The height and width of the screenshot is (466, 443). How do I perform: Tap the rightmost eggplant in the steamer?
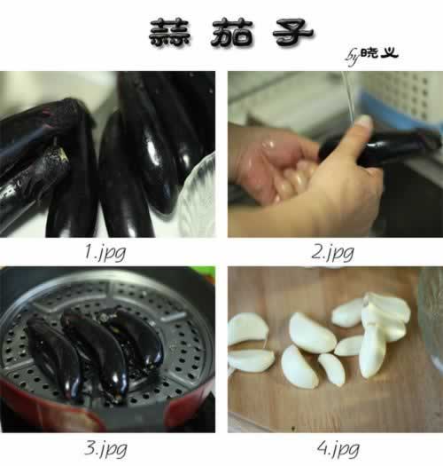tap(140, 342)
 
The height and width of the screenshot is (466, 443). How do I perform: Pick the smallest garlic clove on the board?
tap(332, 368)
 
